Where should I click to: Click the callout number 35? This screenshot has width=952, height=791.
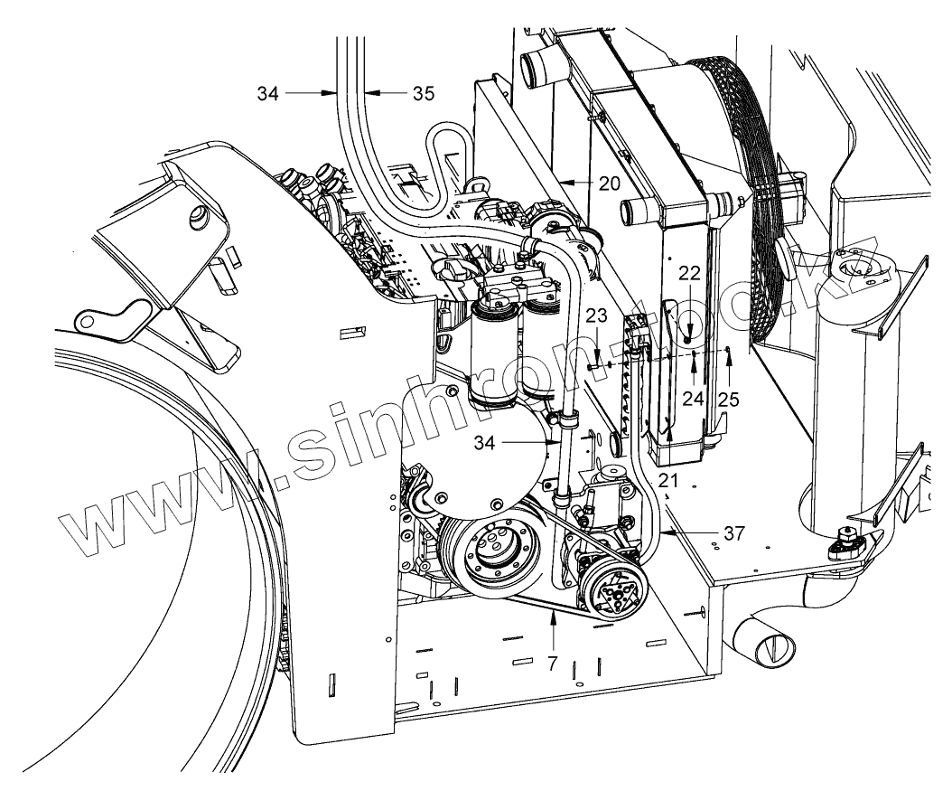click(424, 92)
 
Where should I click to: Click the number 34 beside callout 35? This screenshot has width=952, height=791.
click(268, 91)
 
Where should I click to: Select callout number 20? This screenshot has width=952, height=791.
click(610, 182)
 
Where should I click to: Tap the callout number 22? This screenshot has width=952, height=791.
click(690, 274)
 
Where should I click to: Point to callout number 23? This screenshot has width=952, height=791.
click(595, 315)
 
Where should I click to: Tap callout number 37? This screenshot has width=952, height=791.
click(733, 533)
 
